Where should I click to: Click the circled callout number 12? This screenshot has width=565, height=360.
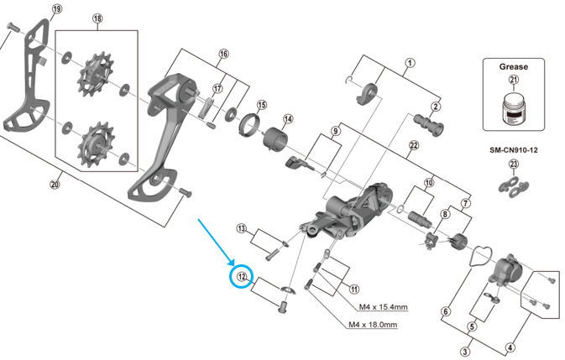click(241, 276)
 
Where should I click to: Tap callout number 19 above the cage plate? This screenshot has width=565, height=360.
click(56, 9)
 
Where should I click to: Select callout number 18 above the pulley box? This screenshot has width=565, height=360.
click(97, 18)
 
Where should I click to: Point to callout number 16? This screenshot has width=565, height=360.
click(223, 55)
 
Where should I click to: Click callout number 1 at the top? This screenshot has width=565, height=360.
click(410, 63)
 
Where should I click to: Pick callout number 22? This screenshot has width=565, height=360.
click(413, 145)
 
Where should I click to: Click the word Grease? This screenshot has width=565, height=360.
click(514, 65)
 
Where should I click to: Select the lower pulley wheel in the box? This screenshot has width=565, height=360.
click(93, 143)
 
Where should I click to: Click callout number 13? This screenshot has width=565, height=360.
click(242, 228)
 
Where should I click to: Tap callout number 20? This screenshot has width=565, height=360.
click(56, 186)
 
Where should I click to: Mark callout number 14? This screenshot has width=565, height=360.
click(287, 118)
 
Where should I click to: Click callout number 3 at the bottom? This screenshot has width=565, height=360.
click(464, 352)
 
